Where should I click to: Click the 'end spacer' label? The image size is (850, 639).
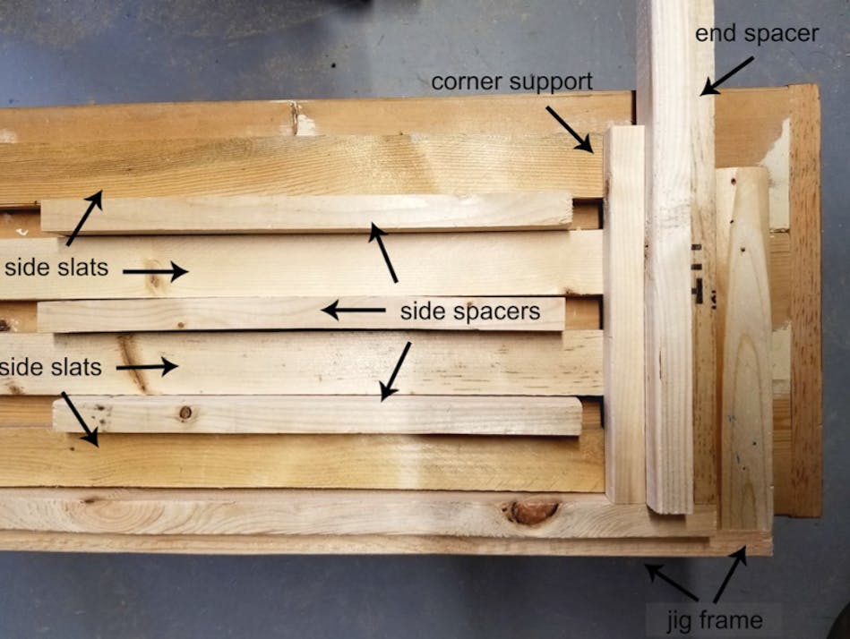757,34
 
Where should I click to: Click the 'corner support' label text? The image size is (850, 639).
511,81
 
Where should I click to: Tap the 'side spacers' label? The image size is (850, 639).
469,311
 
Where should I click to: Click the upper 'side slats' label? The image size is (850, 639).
55,268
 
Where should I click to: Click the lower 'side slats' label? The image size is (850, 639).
51,367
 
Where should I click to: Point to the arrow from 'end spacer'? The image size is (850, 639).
726,75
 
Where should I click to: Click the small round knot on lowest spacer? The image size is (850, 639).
185,413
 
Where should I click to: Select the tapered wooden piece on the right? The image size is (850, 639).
745,349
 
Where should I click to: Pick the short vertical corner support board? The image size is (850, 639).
624,313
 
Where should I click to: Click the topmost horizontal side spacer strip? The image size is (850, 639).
305,213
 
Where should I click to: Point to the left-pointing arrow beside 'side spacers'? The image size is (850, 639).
354,311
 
